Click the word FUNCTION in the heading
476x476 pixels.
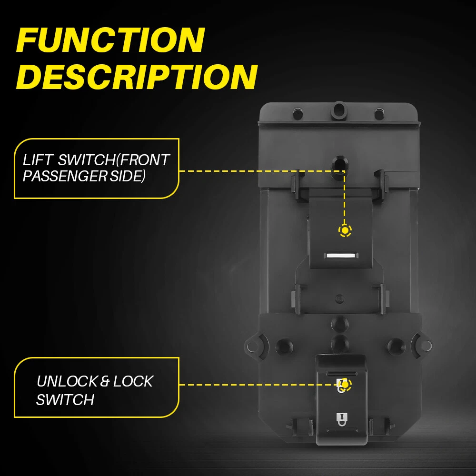[111, 40]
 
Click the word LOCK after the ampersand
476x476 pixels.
[133, 381]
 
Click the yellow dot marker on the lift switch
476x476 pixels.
[345, 231]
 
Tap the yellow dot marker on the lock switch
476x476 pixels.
[345, 385]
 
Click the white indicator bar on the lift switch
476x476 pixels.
[341, 256]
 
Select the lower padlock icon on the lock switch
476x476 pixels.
[341, 419]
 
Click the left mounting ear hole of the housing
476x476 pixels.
[252, 346]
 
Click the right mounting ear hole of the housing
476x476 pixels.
[426, 346]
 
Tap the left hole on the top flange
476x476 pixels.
[297, 114]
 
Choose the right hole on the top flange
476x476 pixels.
[379, 114]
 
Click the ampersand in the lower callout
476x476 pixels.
[105, 382]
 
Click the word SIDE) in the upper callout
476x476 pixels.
[128, 176]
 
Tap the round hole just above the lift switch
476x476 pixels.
[340, 164]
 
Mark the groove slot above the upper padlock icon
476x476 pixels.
[341, 373]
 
